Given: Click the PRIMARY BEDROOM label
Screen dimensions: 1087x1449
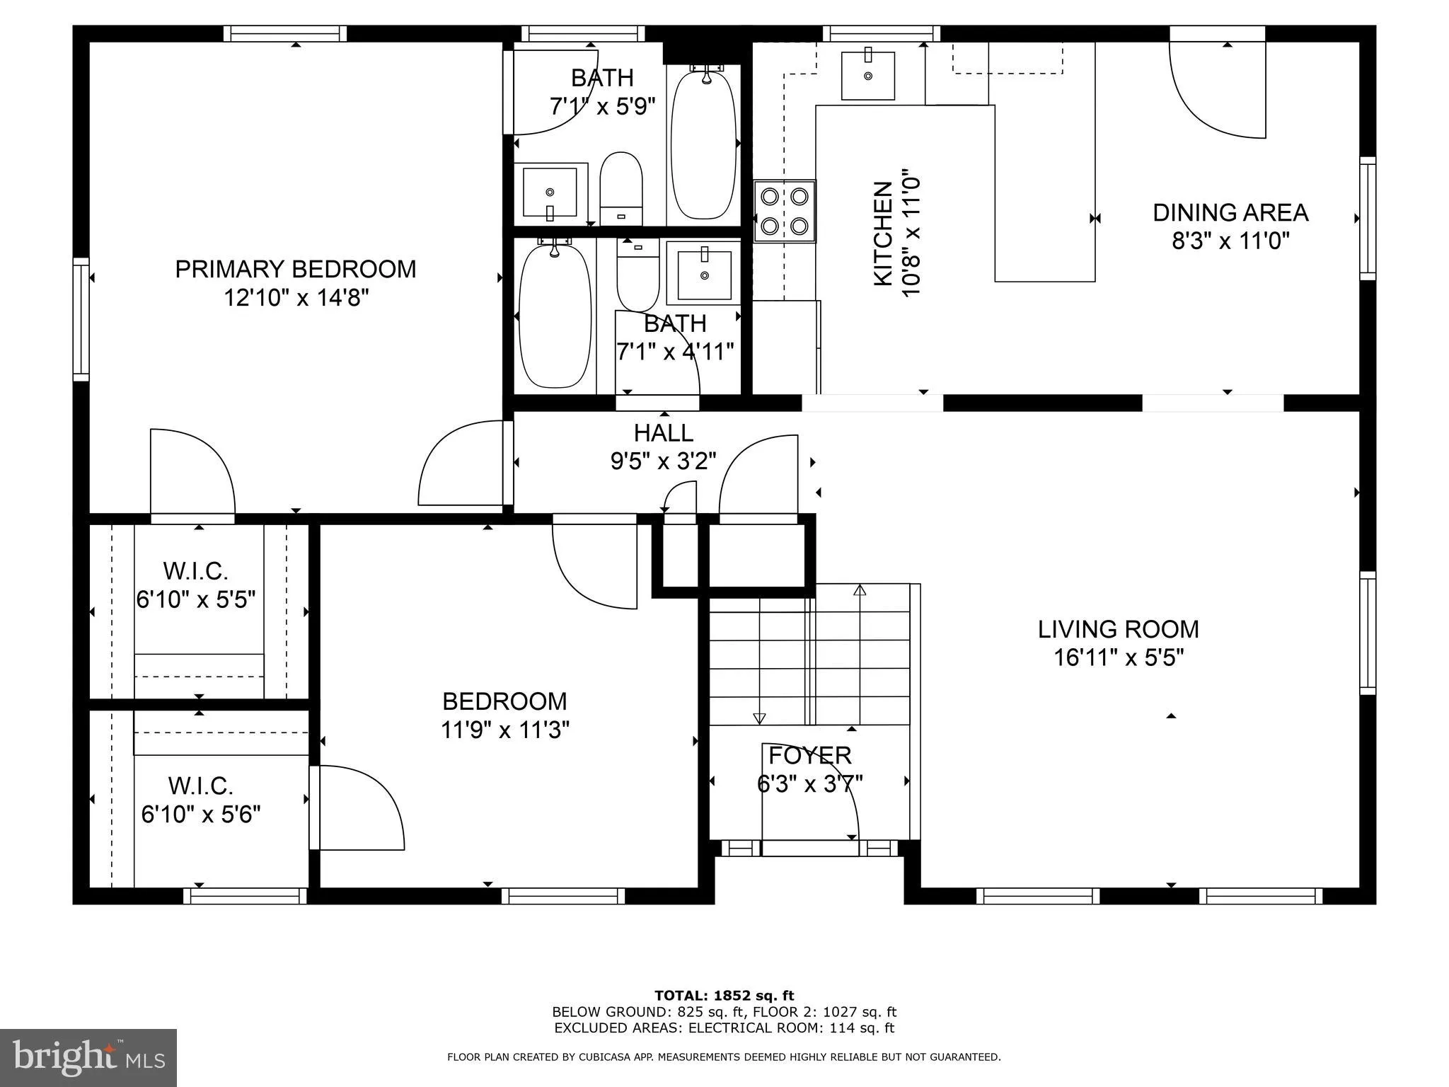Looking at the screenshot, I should point(295,269).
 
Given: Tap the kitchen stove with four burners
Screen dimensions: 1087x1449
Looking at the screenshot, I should point(784,211).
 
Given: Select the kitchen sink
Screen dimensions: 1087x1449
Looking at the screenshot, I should point(867,75).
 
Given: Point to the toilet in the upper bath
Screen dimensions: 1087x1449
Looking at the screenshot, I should point(620,188).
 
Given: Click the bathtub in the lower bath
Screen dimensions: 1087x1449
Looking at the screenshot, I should point(555,316).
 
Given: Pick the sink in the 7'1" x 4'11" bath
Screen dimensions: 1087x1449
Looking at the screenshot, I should point(704,275).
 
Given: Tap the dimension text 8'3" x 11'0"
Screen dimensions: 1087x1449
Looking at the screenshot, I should point(1230,241).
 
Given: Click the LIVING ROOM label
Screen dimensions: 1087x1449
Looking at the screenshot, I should point(1118,629).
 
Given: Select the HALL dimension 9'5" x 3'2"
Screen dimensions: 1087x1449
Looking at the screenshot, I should point(663,461).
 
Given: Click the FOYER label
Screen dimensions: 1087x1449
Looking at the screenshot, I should point(809,755).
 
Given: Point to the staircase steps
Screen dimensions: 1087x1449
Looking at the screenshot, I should point(809,655).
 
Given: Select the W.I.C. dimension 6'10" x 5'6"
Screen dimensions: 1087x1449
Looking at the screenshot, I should point(201,815).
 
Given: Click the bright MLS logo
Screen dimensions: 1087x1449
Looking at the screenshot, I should point(88,1057).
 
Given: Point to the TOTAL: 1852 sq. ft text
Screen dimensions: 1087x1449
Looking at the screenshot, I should point(724,996).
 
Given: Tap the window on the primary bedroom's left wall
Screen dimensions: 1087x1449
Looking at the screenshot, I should point(81,319).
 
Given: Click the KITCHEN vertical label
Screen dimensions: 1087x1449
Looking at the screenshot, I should point(883,234).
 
